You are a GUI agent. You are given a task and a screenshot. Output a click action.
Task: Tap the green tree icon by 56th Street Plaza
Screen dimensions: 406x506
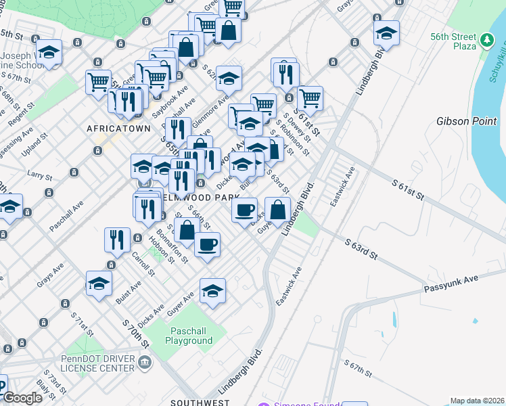point(486,42)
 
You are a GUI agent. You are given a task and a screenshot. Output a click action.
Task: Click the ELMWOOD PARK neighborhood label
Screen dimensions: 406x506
point(201,197)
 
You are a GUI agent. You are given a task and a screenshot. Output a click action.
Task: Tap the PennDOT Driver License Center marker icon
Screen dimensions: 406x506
point(145,363)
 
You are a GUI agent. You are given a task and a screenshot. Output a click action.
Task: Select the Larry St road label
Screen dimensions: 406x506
point(39,176)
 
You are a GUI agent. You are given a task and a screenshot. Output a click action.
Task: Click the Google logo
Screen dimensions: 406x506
point(22,398)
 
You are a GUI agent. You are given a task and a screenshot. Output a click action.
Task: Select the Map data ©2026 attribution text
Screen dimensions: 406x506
point(478,401)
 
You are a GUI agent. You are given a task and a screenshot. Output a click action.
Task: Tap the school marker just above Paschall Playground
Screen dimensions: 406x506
point(212,291)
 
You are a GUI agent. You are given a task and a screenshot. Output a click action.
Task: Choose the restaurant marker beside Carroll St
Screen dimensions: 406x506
point(117,240)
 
